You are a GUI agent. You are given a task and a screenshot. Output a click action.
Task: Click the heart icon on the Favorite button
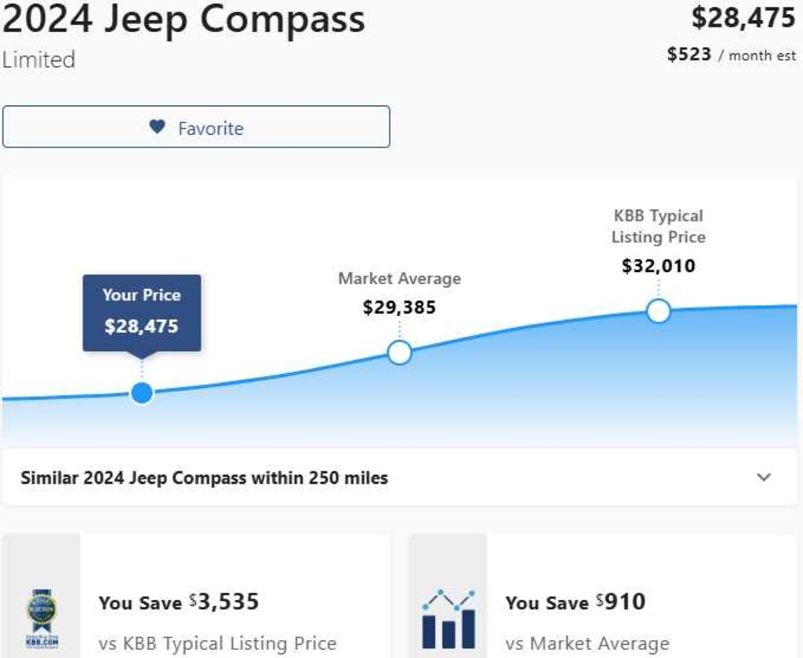157,126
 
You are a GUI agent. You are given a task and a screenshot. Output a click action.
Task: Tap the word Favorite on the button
210,128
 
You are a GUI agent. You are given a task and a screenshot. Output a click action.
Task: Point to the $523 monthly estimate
689,54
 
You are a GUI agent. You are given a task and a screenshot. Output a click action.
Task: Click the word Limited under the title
39,60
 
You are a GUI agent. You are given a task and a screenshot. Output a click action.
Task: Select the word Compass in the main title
282,20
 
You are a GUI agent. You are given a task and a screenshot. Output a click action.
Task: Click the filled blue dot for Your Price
142,393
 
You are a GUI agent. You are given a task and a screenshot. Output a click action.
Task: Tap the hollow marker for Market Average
399,352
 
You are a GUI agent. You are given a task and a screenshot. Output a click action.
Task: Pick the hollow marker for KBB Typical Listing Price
659,311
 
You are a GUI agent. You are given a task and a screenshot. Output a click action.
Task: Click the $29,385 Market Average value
399,307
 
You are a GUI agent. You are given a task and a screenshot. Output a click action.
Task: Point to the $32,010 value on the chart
659,266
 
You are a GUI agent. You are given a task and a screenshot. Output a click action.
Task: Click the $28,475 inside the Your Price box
141,326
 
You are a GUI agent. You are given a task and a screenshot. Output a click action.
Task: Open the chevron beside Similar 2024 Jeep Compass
764,478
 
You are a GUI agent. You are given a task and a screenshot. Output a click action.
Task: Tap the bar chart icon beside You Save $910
449,619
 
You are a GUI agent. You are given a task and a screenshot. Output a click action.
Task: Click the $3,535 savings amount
224,602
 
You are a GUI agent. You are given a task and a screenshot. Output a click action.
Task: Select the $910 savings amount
621,602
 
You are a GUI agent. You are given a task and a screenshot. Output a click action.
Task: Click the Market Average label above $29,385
399,278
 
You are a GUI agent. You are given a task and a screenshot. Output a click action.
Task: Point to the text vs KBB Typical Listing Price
218,643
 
